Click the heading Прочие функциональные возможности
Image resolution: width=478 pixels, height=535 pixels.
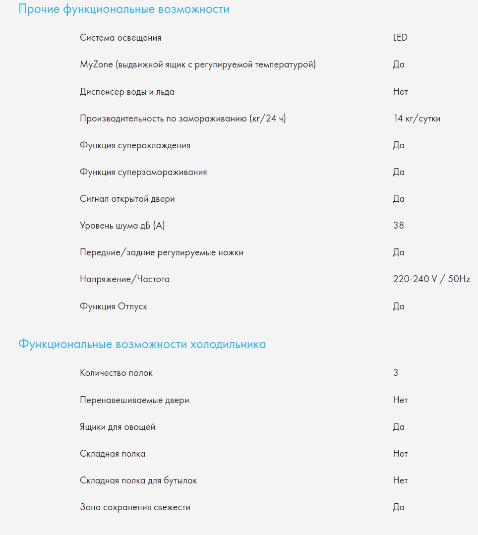(124, 9)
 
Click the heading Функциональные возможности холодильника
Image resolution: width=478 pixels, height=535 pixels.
(142, 344)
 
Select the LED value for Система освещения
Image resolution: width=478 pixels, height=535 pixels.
(400, 38)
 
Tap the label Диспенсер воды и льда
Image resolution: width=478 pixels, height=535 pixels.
(127, 92)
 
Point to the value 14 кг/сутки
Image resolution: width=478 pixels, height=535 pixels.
(417, 119)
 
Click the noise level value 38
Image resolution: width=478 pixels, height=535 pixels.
(399, 226)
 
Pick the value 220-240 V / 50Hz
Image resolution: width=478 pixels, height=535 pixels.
(431, 279)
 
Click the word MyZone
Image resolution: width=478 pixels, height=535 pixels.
(96, 64)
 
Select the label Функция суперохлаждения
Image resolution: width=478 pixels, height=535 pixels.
(135, 145)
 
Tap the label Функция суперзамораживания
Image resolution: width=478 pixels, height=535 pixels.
(143, 172)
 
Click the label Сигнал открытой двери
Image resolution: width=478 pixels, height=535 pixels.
(127, 199)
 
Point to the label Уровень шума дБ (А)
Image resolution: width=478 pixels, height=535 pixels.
(122, 226)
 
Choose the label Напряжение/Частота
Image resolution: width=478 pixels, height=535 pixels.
(124, 279)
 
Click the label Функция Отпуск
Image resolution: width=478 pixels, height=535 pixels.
(114, 306)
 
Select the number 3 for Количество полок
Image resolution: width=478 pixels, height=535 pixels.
(396, 373)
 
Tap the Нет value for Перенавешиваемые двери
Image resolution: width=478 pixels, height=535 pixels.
(400, 400)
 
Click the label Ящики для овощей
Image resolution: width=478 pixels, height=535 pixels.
(118, 427)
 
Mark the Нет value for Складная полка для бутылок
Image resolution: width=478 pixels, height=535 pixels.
(400, 480)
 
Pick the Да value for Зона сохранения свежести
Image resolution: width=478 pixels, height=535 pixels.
(399, 507)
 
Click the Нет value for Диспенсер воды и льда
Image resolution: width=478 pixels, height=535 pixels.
(400, 92)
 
